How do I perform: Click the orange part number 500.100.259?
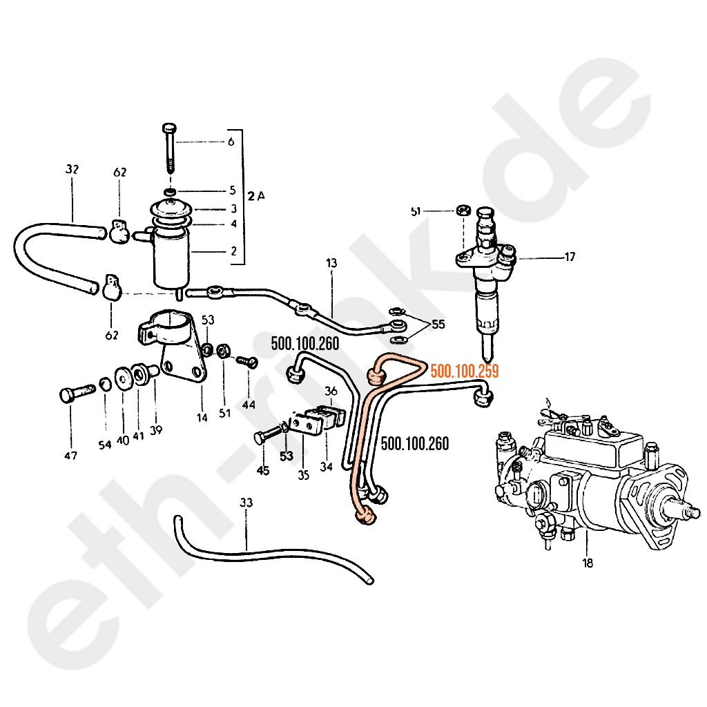pyautogui.click(x=464, y=371)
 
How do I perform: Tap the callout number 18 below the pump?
pyautogui.click(x=587, y=563)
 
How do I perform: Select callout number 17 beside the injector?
pyautogui.click(x=570, y=258)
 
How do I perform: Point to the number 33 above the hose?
pyautogui.click(x=246, y=503)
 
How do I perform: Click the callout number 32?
pyautogui.click(x=72, y=169)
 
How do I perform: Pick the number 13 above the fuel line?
pyautogui.click(x=332, y=262)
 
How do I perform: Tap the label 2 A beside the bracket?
pyautogui.click(x=257, y=195)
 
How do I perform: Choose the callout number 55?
pyautogui.click(x=438, y=323)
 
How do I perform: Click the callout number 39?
pyautogui.click(x=156, y=430)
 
